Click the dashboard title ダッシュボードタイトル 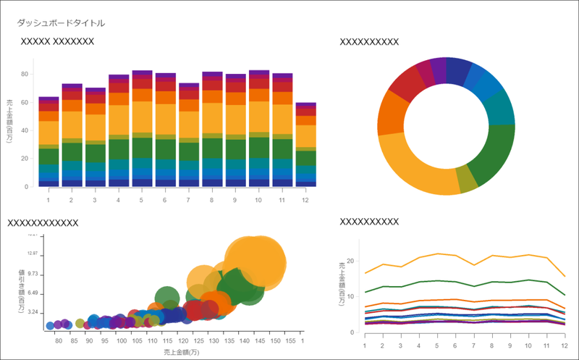61,23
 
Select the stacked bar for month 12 306,145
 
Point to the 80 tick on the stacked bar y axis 25,74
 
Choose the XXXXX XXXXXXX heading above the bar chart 58,41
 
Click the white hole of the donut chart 447,125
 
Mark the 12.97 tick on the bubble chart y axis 30,254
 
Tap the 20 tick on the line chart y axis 351,261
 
